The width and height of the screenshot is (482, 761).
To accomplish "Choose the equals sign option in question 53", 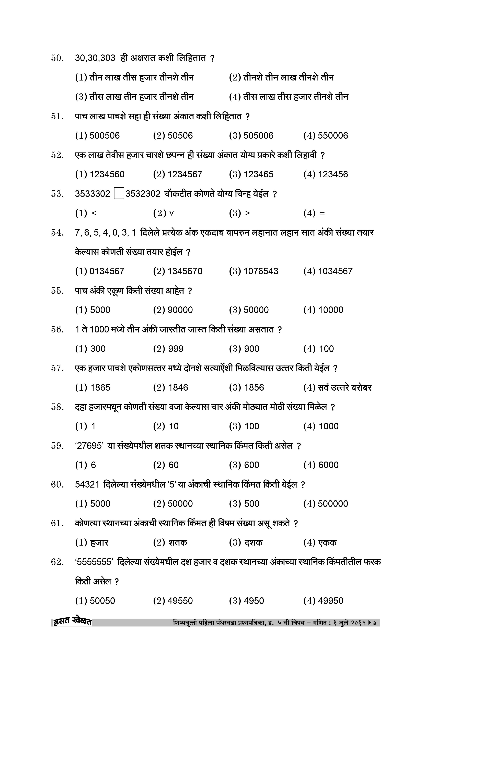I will [x=322, y=213].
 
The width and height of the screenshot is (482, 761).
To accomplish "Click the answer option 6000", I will [x=328, y=465].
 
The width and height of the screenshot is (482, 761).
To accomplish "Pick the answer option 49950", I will [x=331, y=601].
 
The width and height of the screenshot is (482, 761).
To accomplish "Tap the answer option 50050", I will [x=102, y=601].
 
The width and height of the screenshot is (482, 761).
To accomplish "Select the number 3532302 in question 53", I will [x=143, y=194].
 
